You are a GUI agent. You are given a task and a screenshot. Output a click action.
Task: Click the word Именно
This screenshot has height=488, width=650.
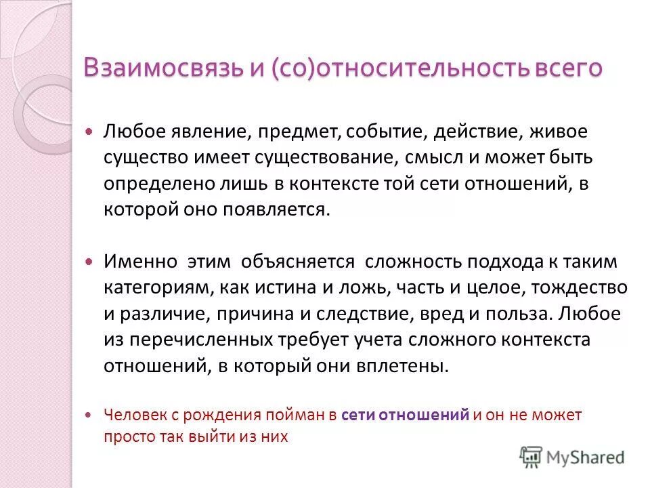140,262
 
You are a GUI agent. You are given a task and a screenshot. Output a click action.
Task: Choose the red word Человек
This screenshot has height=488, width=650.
131,415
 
